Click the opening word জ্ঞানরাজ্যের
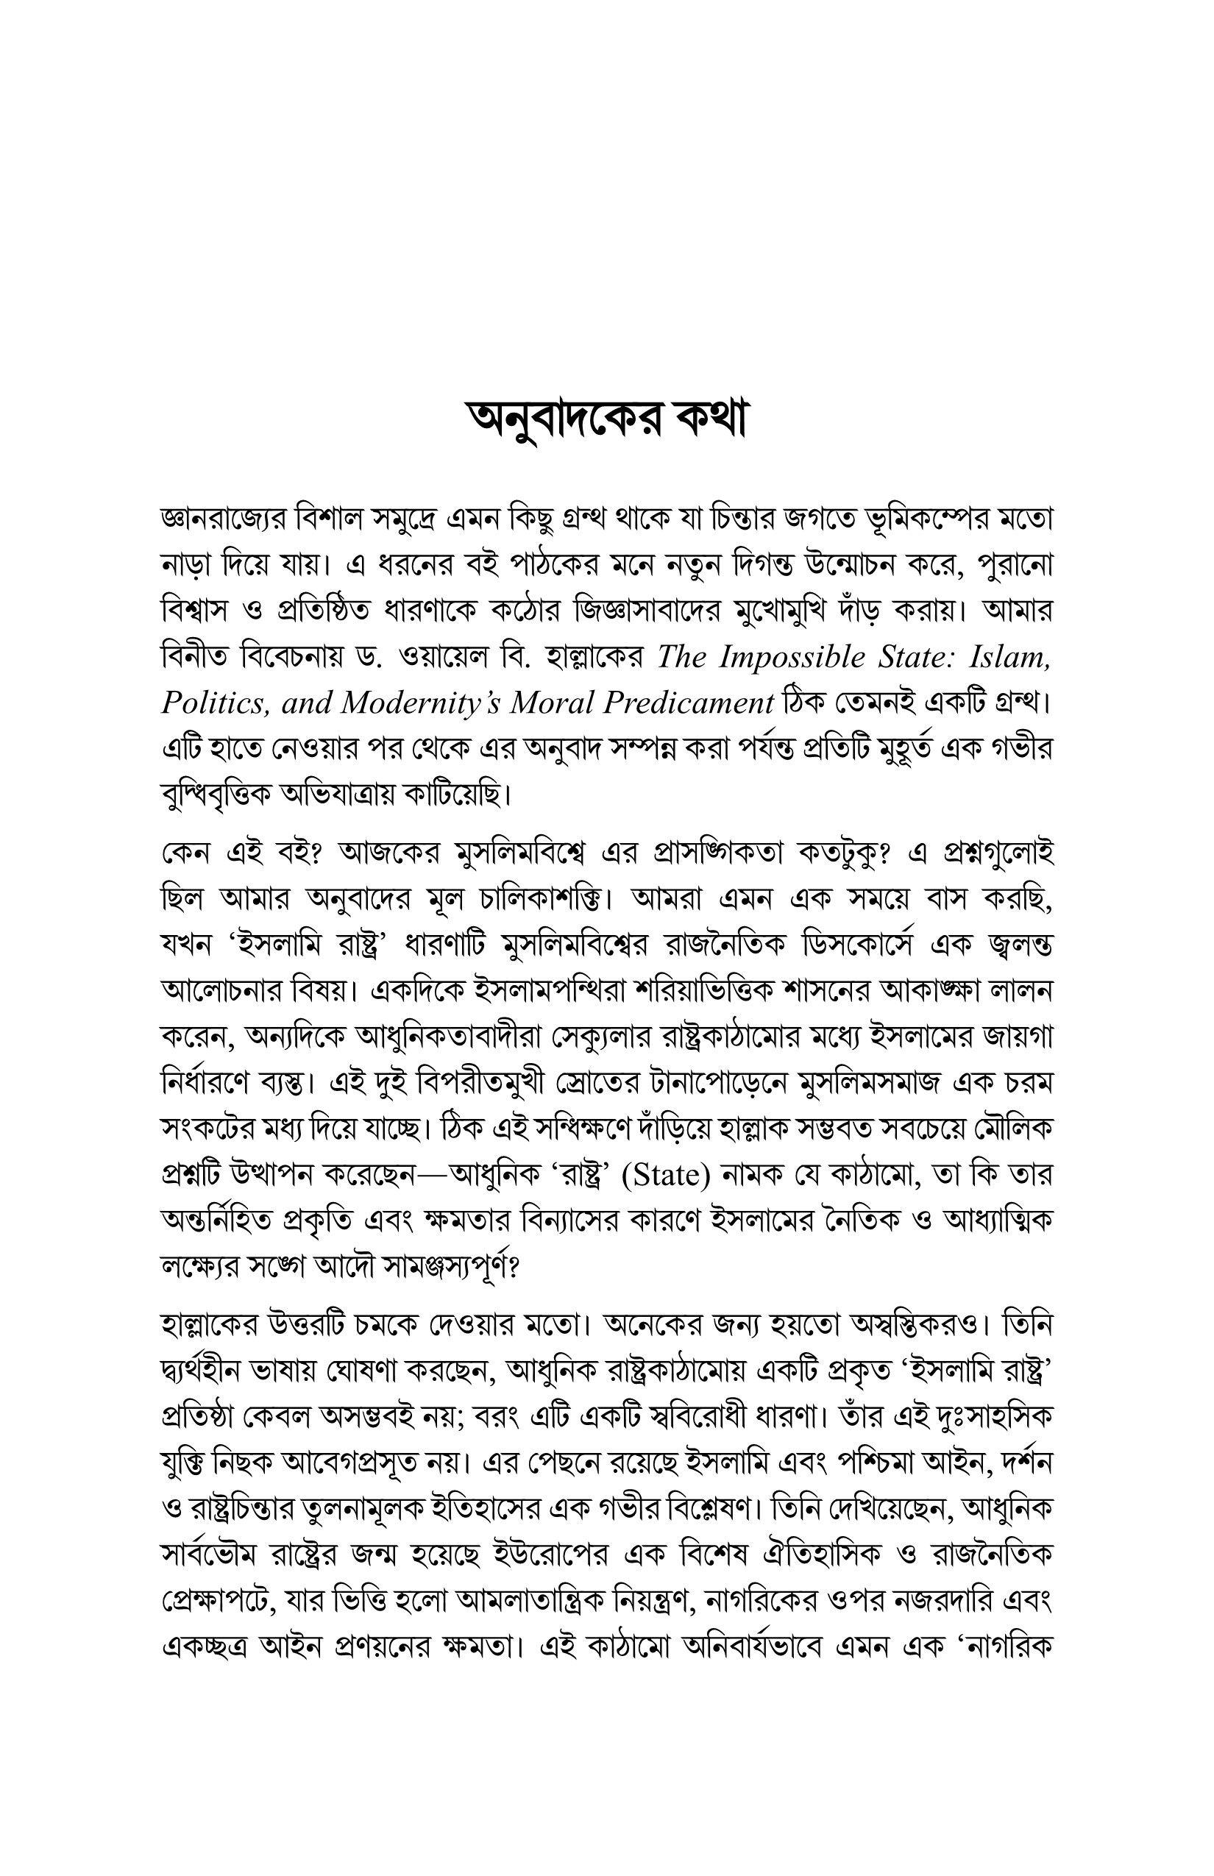pos(225,520)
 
